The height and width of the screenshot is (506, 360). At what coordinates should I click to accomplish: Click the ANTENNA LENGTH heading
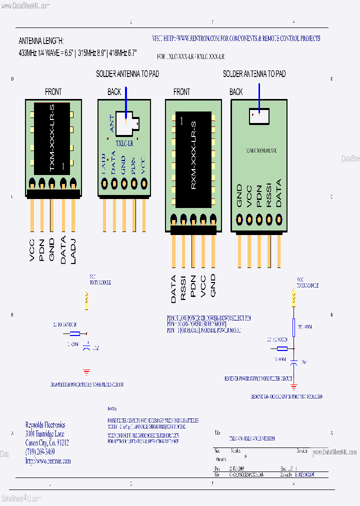pos(41,41)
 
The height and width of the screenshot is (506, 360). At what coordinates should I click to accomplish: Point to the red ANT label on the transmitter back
pos(111,124)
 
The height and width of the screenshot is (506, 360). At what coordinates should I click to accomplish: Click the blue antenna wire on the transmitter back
pos(126,102)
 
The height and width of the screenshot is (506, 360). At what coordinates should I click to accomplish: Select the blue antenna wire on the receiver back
pos(259,97)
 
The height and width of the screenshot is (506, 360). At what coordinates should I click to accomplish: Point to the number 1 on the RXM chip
pos(181,121)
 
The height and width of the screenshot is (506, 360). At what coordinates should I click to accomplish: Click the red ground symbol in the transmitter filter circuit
pos(86,372)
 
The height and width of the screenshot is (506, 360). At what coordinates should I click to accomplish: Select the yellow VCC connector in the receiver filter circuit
pos(293,298)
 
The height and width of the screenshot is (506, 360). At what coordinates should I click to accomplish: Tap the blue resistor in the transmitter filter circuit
pos(74,333)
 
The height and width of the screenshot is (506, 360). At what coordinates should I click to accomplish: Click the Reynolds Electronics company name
pos(45,425)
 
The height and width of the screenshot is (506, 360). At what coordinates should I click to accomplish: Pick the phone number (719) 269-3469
pos(40,451)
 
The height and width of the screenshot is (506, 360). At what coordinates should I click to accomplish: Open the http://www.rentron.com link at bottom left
pos(48,460)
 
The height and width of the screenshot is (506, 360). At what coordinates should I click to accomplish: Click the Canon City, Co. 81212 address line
pos(47,442)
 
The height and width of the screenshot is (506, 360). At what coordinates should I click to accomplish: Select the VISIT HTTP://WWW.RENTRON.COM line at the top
pos(236,38)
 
